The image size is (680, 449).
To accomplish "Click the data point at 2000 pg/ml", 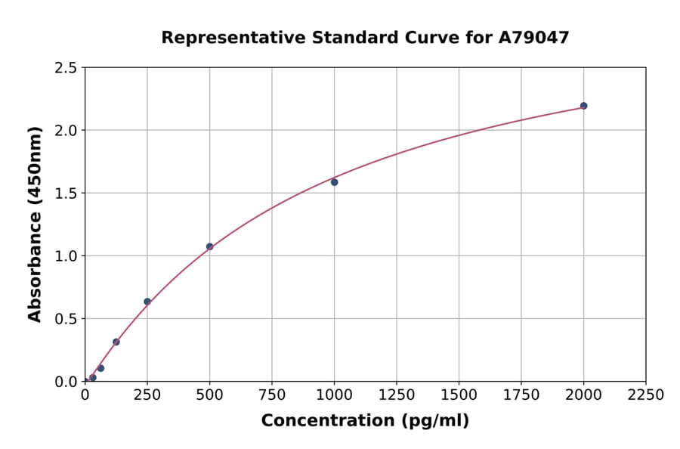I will click(x=583, y=106).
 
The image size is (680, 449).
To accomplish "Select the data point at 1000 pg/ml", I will click(x=334, y=182).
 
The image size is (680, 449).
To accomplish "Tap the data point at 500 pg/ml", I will click(x=209, y=246).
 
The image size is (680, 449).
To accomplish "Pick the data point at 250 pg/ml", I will click(x=147, y=302).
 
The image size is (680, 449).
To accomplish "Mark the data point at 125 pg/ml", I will click(x=116, y=342).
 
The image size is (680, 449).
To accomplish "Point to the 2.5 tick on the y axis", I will click(x=66, y=68).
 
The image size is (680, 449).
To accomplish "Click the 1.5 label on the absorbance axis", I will click(x=66, y=194).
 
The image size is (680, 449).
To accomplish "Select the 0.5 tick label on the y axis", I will click(x=66, y=319).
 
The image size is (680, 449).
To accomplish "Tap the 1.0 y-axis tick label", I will click(x=66, y=256).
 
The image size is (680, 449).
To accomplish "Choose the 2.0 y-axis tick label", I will click(x=66, y=131).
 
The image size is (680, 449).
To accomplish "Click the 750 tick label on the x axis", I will click(x=272, y=395).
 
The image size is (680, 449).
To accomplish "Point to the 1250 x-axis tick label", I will click(x=397, y=395).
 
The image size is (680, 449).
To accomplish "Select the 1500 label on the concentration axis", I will click(x=459, y=395).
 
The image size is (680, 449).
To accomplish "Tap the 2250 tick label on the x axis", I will click(x=646, y=395).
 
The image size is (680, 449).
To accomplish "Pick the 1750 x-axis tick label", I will click(x=521, y=395).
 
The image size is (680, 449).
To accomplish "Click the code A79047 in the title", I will click(x=535, y=38).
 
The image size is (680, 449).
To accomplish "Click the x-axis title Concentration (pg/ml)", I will click(x=365, y=421).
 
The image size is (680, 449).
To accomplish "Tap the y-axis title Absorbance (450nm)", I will click(x=35, y=224).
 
